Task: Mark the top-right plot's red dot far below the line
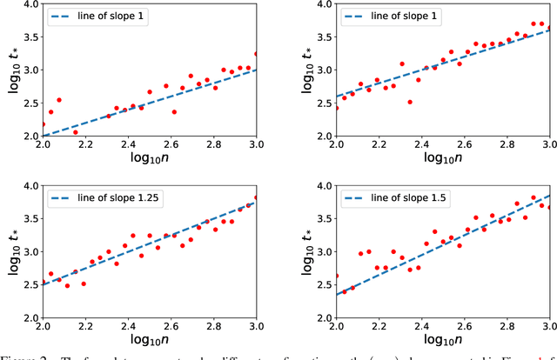click(x=409, y=102)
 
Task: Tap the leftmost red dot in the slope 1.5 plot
click(x=335, y=276)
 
